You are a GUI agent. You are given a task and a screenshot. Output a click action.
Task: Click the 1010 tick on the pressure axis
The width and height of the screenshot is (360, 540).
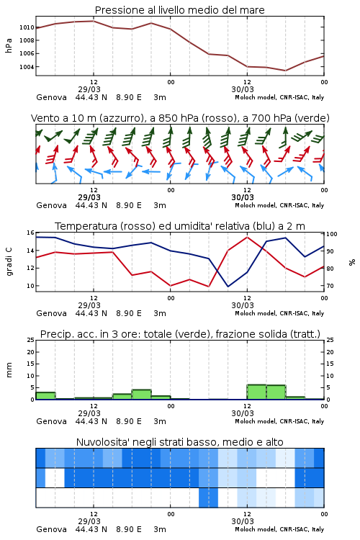click(27, 27)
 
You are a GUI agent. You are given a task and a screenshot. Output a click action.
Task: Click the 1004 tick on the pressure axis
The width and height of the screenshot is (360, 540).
click(27, 67)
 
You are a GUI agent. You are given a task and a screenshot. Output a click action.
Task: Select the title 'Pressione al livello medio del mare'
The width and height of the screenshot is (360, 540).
click(180, 10)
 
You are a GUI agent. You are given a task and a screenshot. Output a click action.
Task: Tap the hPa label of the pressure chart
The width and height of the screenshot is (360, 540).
click(9, 45)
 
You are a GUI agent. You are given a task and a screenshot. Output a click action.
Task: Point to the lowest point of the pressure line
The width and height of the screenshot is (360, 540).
click(285, 71)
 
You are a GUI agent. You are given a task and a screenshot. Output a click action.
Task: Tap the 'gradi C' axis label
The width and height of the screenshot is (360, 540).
click(9, 261)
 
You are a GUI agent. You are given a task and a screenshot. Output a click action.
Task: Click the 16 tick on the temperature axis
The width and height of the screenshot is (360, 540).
click(31, 233)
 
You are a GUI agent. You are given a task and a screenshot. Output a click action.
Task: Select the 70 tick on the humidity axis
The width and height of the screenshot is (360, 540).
click(330, 286)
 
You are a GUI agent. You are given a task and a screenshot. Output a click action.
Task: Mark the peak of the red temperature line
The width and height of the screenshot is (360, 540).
click(247, 238)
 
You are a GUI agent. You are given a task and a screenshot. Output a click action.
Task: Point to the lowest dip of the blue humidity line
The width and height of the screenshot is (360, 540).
click(228, 287)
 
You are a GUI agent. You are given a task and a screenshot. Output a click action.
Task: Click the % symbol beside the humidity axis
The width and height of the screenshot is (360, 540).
click(352, 262)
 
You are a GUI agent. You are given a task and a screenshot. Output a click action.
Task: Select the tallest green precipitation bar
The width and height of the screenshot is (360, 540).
click(256, 392)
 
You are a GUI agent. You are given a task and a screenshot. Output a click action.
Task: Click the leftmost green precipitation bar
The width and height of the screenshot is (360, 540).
click(46, 396)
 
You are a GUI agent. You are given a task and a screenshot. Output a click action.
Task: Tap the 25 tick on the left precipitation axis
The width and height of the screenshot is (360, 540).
click(31, 340)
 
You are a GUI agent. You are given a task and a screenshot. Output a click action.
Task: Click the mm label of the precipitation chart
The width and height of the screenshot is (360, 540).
click(9, 370)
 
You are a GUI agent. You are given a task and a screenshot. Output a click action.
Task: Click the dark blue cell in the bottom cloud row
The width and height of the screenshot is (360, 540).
click(208, 498)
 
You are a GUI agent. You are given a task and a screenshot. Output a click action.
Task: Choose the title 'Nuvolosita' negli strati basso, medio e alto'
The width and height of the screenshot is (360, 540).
click(180, 442)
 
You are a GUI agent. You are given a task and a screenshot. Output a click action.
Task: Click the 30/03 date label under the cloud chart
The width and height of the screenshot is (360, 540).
click(243, 521)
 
